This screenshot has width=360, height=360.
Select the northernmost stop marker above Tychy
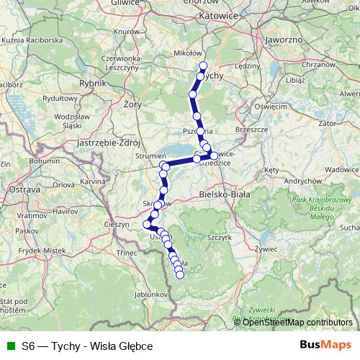(x=203, y=66)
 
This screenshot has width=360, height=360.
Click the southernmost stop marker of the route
(x=180, y=274)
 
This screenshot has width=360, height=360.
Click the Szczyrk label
(x=220, y=235)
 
